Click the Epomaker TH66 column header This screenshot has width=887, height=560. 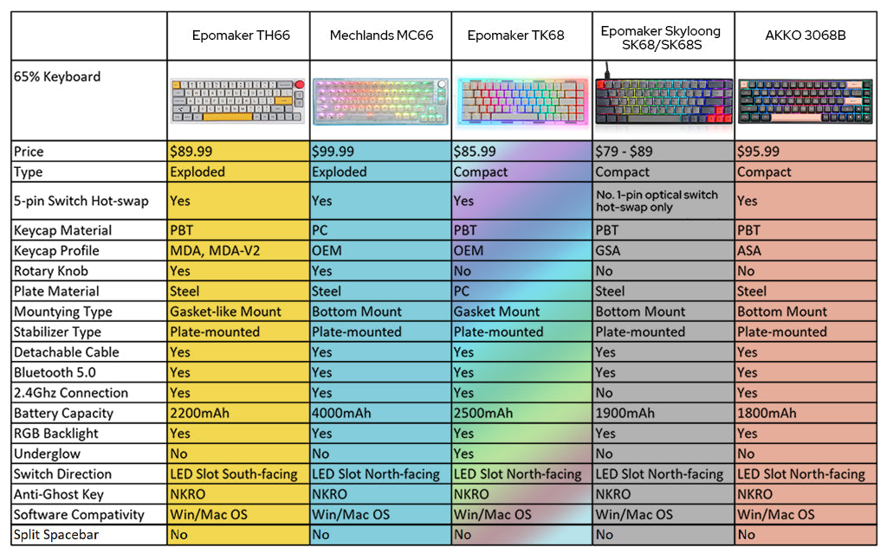click(x=241, y=35)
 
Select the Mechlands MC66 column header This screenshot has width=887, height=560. click(x=381, y=35)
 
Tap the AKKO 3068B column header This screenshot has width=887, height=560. click(x=805, y=35)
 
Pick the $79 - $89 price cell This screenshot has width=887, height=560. click(x=624, y=151)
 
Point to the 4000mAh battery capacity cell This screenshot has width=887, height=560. click(x=341, y=413)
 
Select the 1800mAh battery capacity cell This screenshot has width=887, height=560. click(x=767, y=413)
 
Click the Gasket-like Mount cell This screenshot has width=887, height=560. click(x=225, y=312)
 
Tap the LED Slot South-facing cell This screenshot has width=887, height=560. click(x=234, y=474)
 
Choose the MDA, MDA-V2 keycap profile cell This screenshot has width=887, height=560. click(x=214, y=251)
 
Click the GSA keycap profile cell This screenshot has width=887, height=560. click(x=608, y=251)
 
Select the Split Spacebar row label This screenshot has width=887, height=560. click(x=56, y=535)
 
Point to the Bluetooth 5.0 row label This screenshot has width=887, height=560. click(x=55, y=372)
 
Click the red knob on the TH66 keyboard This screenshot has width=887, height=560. click(x=300, y=85)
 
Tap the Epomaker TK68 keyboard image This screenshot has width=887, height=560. click(x=521, y=101)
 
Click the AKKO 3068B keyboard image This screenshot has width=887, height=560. click(x=805, y=101)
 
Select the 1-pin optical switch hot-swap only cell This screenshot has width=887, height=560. click(x=657, y=201)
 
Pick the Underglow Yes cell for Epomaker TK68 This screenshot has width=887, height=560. click(x=464, y=454)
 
